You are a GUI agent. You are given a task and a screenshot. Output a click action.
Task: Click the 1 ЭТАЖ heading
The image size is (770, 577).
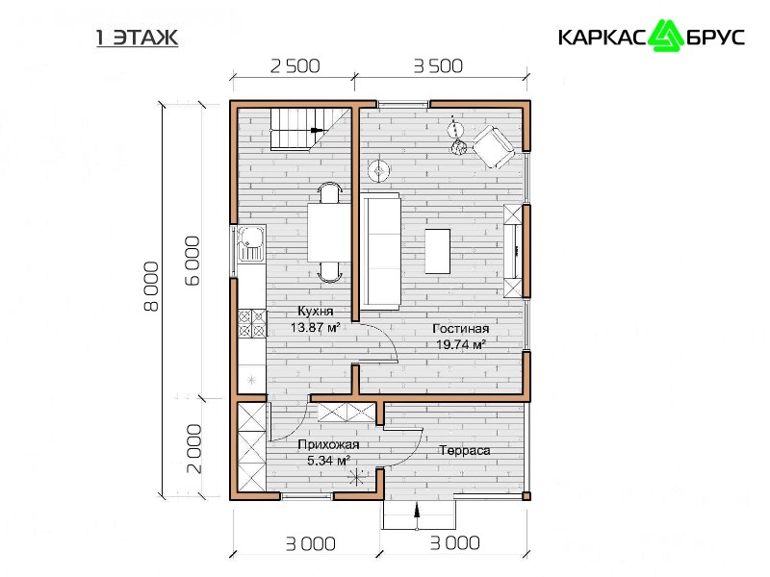(x=137, y=38)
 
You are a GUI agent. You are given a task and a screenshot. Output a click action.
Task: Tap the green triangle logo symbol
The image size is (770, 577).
(x=665, y=36)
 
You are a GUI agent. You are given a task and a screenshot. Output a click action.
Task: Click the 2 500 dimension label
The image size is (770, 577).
(x=295, y=65)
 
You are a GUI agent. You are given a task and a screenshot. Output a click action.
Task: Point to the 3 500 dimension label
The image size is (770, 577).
(x=438, y=65)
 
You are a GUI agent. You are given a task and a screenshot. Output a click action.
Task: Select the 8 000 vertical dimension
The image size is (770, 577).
(x=151, y=287)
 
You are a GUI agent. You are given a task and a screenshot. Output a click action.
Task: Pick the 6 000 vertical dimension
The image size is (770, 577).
(x=193, y=261)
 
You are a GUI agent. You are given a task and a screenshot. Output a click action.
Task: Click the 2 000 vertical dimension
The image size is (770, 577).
(x=194, y=448)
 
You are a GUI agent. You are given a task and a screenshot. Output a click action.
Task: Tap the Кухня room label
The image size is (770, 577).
(x=316, y=311)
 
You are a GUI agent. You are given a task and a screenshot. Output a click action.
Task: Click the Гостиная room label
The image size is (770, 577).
(x=461, y=329)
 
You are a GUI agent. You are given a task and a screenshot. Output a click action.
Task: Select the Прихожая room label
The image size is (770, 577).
(x=328, y=444)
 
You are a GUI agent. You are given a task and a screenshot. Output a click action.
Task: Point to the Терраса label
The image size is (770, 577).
(x=465, y=450)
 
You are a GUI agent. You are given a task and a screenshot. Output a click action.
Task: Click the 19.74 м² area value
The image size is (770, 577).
(x=461, y=344)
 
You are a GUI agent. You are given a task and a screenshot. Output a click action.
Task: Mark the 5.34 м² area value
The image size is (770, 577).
(x=328, y=461)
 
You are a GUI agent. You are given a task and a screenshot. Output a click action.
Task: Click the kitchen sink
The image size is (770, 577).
(x=251, y=243)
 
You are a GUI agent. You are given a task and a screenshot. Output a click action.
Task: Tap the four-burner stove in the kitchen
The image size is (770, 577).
(x=252, y=324)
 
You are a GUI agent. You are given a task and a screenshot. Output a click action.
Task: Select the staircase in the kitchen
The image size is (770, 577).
(x=310, y=129)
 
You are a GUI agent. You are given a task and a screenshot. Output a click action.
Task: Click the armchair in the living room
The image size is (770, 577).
(x=494, y=147)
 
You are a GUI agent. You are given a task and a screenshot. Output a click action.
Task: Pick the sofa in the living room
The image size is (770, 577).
(x=381, y=251)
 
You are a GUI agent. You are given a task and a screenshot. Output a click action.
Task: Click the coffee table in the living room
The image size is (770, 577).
(x=438, y=251)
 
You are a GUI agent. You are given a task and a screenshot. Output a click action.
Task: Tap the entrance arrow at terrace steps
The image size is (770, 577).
(x=417, y=516)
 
